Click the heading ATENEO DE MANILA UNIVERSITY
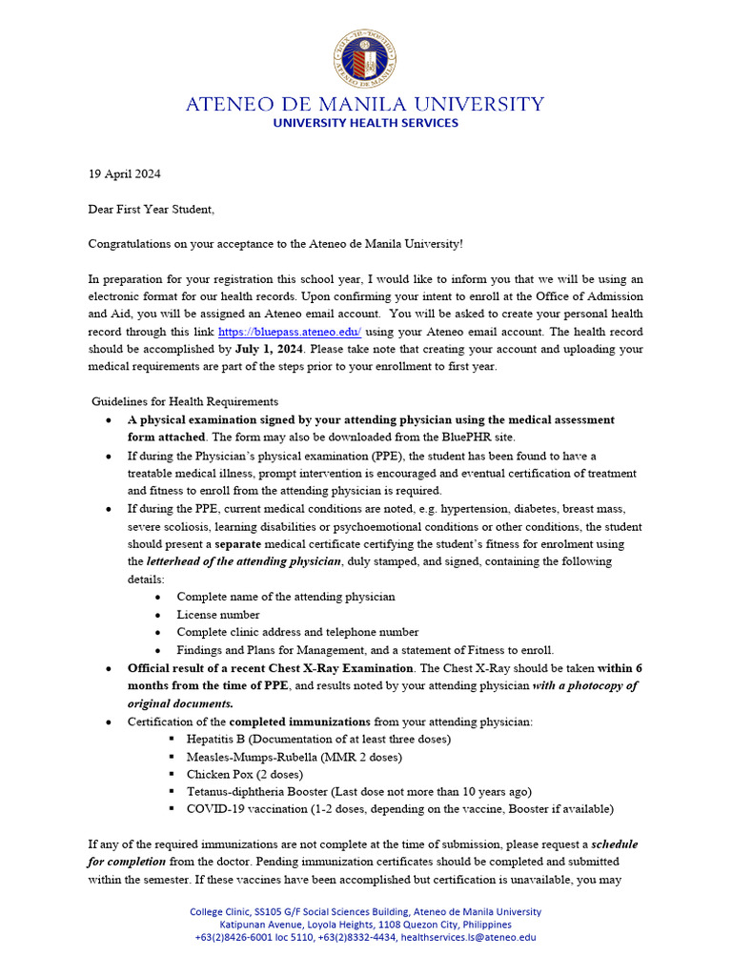click(365, 104)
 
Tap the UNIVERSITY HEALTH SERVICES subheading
click(365, 123)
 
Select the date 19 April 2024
click(124, 174)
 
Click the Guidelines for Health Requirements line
click(185, 402)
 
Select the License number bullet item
click(217, 615)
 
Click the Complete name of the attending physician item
click(285, 597)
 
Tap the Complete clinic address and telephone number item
click(297, 632)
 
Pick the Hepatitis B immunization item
click(318, 739)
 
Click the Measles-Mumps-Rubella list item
click(294, 757)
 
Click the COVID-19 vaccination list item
click(399, 809)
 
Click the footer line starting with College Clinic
click(365, 912)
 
